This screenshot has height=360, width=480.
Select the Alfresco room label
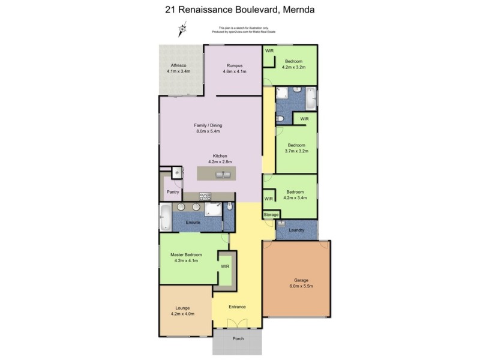pyautogui.click(x=178, y=65)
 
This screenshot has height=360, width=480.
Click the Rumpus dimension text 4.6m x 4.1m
pyautogui.click(x=235, y=71)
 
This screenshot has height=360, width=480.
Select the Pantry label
pyautogui.click(x=173, y=192)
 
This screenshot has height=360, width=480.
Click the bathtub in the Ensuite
pyautogui.click(x=165, y=217)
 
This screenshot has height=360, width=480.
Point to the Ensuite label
pyautogui.click(x=193, y=223)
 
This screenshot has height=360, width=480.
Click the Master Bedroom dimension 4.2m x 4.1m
pyautogui.click(x=186, y=260)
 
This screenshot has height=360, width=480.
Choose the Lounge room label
pyautogui.click(x=182, y=308)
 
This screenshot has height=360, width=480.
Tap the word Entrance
pyautogui.click(x=237, y=307)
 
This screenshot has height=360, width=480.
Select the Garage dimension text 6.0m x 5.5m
pyautogui.click(x=296, y=286)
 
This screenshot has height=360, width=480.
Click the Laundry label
pyautogui.click(x=296, y=230)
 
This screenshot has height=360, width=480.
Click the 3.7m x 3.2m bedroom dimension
pyautogui.click(x=296, y=151)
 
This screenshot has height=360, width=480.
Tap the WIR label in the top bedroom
pyautogui.click(x=270, y=51)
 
